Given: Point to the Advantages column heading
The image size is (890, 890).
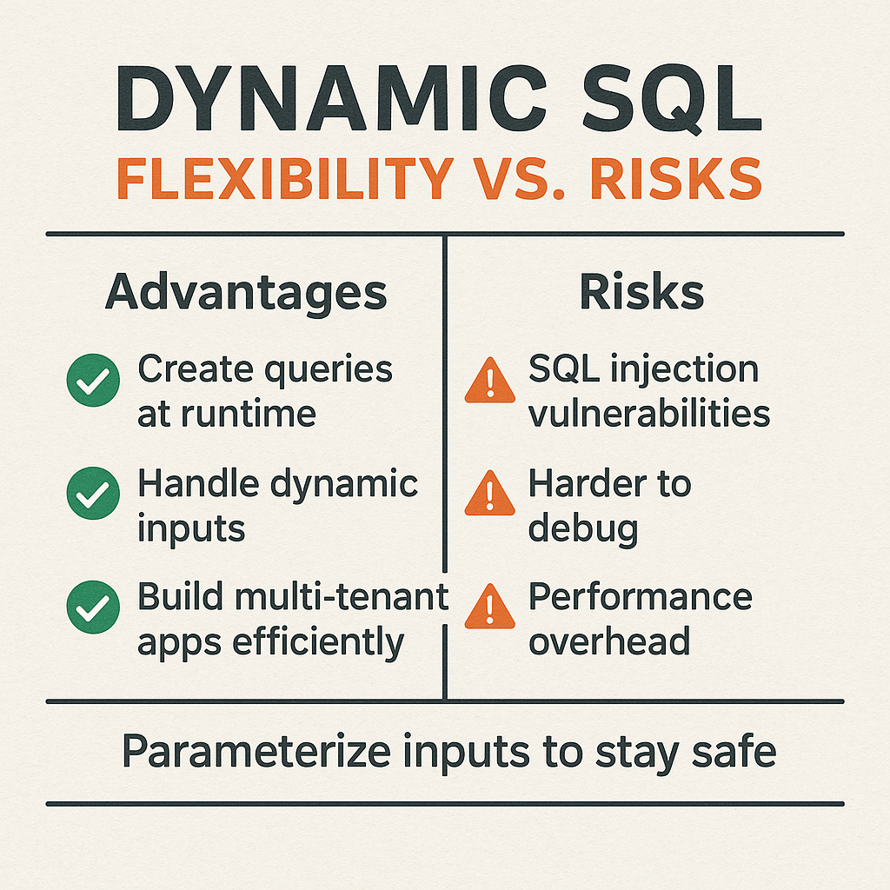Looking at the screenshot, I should tap(246, 294).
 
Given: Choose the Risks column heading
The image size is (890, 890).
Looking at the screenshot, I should tap(641, 294).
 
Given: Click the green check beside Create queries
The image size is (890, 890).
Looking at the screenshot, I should tap(93, 383).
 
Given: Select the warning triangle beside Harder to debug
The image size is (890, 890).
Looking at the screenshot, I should tap(490, 495).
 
